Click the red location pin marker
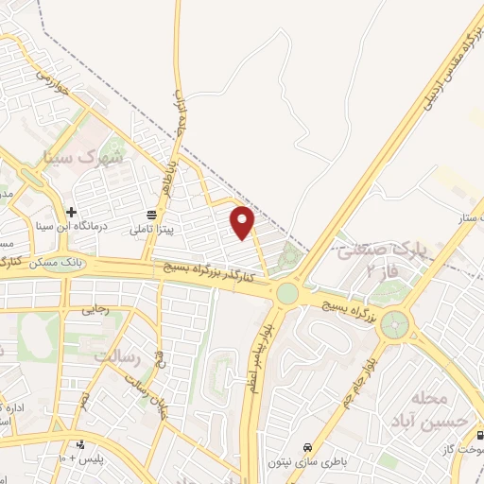(x=244, y=222)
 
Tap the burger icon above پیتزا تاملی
(x=153, y=214)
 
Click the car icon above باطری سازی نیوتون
(x=306, y=447)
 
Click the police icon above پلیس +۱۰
(x=81, y=445)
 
